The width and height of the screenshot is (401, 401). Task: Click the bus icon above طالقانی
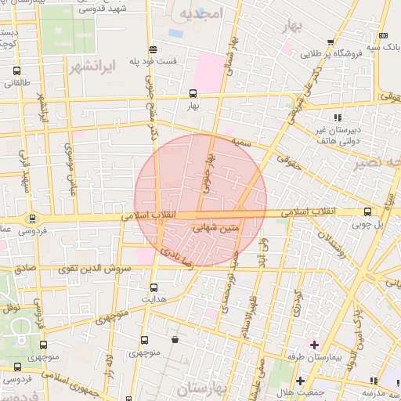point(17,70)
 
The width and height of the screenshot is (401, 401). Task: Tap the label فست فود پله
point(176,61)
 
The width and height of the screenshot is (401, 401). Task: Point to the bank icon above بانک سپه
point(383,35)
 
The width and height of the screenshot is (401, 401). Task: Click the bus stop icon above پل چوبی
point(368,211)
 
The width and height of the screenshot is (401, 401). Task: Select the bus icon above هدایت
point(153,287)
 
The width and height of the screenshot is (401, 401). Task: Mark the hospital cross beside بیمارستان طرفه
point(314,345)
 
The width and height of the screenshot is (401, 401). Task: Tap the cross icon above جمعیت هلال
point(300,381)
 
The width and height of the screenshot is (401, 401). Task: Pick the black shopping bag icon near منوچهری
point(174,340)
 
